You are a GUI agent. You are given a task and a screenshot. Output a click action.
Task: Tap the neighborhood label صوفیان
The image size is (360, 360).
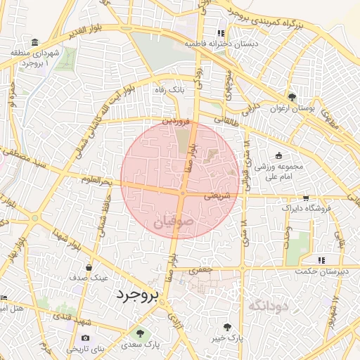[172, 222]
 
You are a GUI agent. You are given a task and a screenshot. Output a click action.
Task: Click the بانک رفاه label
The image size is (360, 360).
[169, 90]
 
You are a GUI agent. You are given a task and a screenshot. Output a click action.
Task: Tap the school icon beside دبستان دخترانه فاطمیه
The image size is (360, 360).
[221, 33]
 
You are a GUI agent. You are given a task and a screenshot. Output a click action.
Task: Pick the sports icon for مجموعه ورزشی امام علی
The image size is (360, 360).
[279, 155]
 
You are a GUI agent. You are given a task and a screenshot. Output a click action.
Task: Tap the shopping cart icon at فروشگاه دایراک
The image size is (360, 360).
[305, 198]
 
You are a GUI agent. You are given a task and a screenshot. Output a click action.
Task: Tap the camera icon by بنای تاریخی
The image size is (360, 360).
[86, 338]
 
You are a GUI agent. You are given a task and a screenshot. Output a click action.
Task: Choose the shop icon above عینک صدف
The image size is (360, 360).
[89, 267]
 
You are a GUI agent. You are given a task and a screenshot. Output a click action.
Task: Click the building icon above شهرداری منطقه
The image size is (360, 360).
[36, 42]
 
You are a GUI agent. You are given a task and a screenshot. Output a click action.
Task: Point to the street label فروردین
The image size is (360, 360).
[176, 122]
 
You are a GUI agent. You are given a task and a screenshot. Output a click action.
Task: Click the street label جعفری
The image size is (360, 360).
[202, 269]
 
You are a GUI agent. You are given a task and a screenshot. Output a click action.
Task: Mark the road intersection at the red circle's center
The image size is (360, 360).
[182, 192]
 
